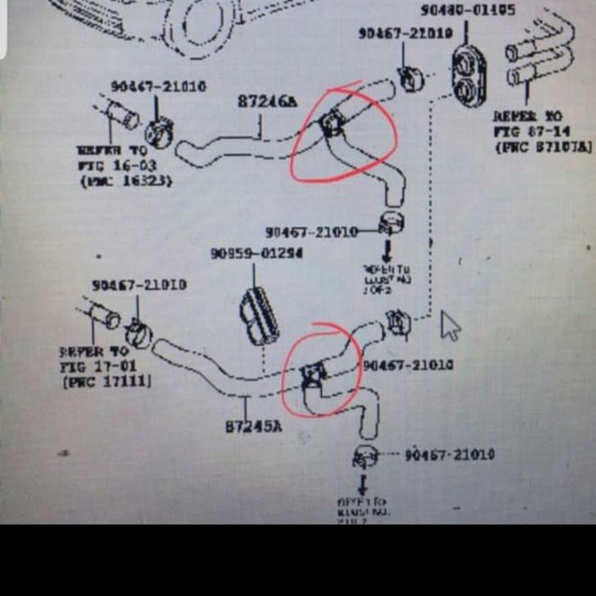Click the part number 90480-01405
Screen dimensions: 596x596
(x=469, y=11)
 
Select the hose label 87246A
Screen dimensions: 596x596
(x=267, y=101)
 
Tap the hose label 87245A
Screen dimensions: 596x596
(x=253, y=426)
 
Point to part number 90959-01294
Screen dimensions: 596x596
(x=256, y=254)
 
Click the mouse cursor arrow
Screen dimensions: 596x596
(x=450, y=325)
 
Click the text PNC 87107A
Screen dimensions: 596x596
(x=543, y=147)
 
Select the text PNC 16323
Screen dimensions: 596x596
(x=126, y=181)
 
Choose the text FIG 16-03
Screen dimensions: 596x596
(x=118, y=166)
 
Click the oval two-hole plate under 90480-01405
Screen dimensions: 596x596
(x=469, y=76)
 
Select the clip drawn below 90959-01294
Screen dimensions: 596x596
(x=259, y=314)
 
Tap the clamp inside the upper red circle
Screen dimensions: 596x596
(x=332, y=123)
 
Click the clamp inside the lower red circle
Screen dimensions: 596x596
(x=314, y=375)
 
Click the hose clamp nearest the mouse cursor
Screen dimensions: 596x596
(x=398, y=324)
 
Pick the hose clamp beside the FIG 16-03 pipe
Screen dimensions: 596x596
(x=159, y=130)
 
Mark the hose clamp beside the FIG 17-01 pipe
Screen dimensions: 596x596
(x=138, y=332)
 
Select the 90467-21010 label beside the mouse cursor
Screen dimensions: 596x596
(x=408, y=364)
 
